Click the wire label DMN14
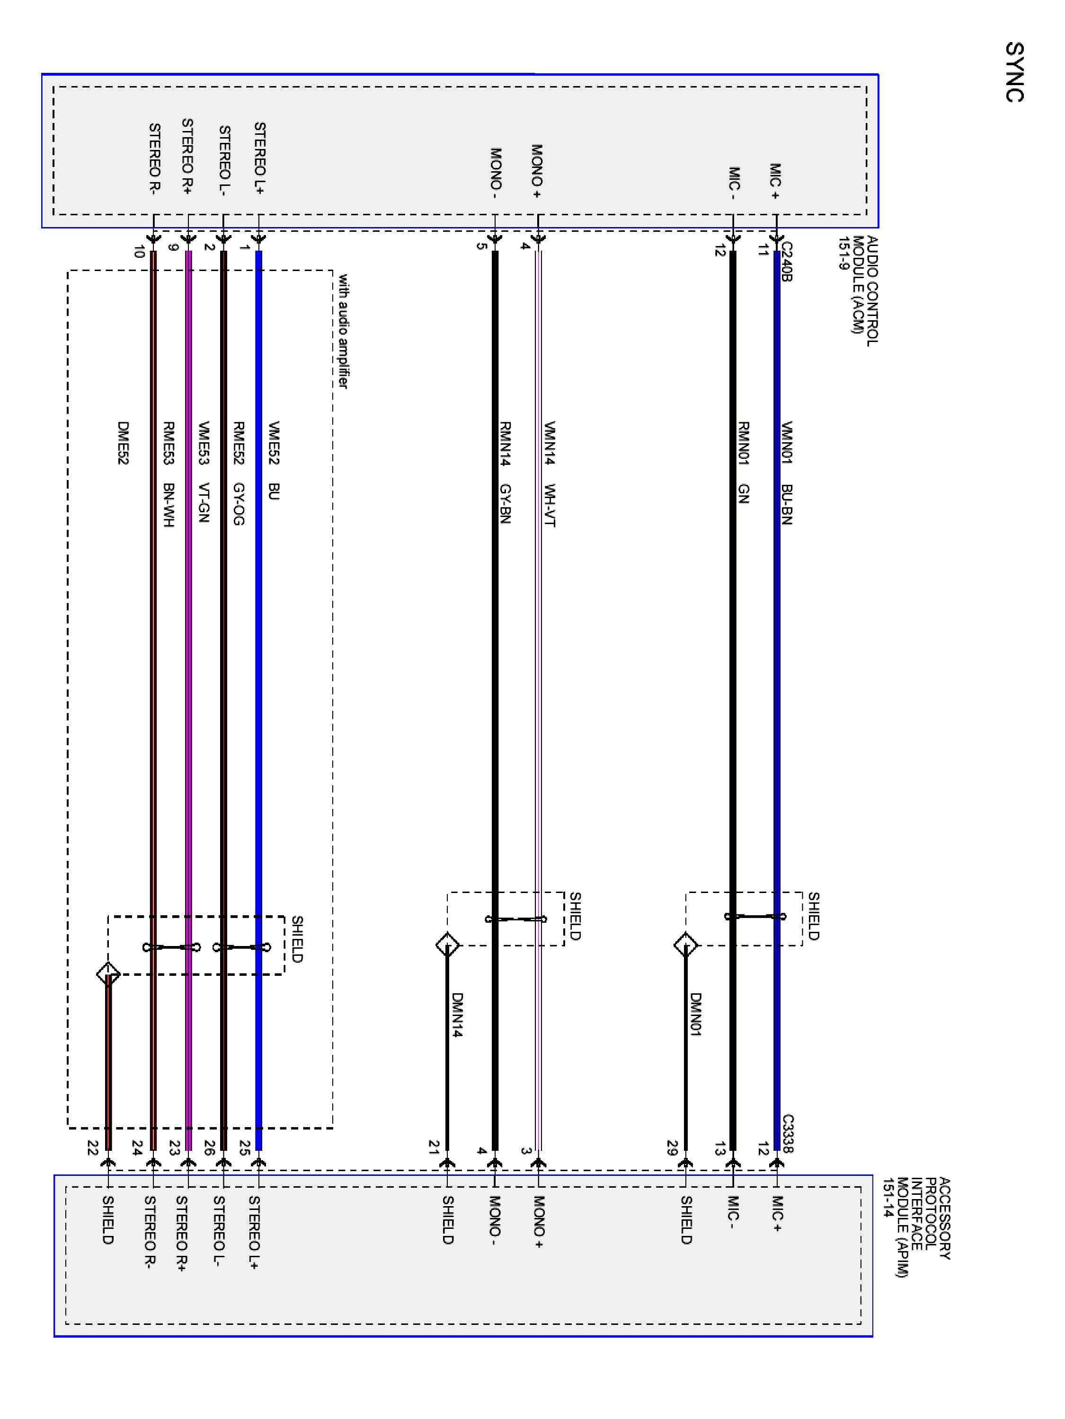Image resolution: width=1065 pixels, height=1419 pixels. (x=457, y=1015)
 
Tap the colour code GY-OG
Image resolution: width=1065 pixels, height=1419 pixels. (x=238, y=504)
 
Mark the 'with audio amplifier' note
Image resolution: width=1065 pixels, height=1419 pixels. (x=344, y=331)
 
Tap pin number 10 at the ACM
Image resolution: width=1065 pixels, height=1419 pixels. (x=138, y=252)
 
